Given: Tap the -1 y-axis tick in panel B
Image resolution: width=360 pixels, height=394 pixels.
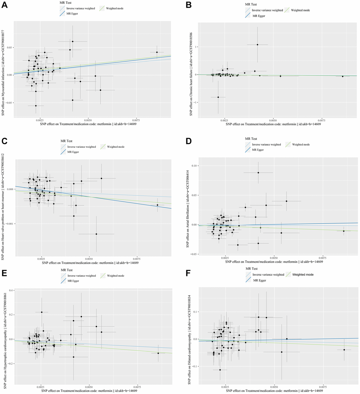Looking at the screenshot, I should [x=195, y=102].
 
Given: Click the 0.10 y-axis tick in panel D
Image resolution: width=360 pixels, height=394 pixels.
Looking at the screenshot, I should [x=194, y=166].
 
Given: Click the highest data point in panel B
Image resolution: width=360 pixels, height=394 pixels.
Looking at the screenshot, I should [x=257, y=45].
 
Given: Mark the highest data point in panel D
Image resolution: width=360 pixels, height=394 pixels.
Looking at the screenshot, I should [x=258, y=172].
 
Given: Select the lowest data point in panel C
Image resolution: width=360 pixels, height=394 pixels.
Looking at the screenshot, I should [x=96, y=234].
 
